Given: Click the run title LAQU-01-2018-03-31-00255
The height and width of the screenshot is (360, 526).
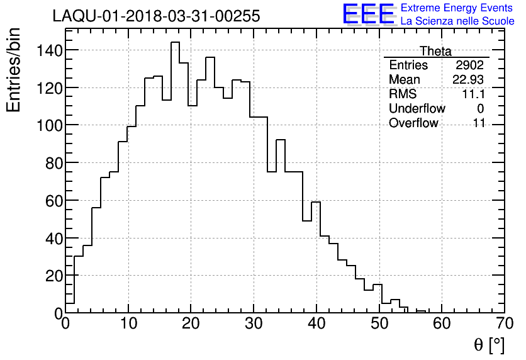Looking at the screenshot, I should click(156, 16).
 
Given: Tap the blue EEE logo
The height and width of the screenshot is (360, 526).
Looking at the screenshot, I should click(369, 14).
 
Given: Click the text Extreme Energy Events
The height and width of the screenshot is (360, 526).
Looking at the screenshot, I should click(456, 8).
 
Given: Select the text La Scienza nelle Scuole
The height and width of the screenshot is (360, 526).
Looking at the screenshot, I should click(457, 21).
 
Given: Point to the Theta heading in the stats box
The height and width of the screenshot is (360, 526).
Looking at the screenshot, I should click(435, 51).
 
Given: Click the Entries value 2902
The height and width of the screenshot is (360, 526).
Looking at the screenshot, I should click(470, 65).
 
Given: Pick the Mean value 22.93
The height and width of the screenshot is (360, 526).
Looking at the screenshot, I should click(468, 80).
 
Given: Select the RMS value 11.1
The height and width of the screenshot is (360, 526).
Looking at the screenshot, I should click(473, 94).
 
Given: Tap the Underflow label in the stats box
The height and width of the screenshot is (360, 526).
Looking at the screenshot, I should click(417, 109).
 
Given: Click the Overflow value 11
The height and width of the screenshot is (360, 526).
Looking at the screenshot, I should click(479, 123).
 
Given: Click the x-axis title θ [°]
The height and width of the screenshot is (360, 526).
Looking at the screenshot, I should click(489, 345).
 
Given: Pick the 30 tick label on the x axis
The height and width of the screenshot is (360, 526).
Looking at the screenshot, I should click(254, 324).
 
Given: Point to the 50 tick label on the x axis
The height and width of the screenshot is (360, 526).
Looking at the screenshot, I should click(379, 324).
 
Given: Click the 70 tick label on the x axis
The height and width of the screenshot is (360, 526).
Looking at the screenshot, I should click(504, 324).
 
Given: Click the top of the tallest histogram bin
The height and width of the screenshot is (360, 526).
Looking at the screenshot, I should click(175, 42).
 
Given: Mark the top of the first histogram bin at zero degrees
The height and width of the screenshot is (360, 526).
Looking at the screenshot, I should click(70, 303).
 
